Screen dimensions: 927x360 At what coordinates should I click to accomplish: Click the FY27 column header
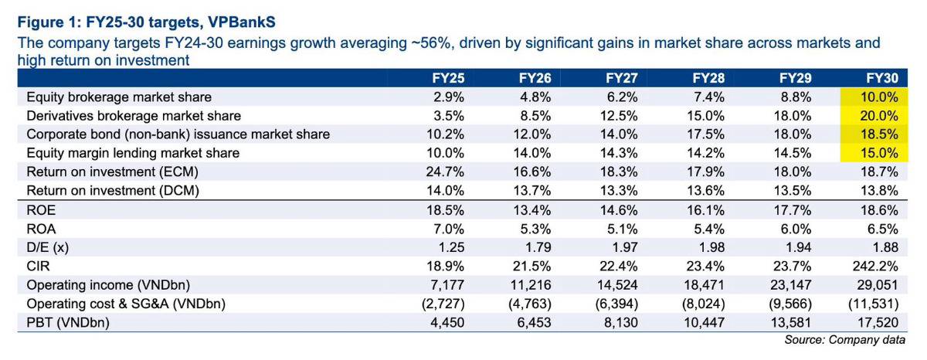622,78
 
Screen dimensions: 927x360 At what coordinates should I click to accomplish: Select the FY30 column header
882,78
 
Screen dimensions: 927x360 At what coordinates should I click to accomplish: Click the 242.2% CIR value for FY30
875,266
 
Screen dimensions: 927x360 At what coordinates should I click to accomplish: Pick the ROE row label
41,210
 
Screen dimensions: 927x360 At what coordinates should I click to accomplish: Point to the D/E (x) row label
48,247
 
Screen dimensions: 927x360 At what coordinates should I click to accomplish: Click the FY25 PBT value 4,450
447,322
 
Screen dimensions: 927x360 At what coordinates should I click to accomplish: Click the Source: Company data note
844,340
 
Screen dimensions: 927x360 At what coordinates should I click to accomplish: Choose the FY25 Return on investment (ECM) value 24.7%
445,172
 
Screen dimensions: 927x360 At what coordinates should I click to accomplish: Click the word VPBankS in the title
242,22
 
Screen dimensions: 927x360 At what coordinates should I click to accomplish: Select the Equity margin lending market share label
133,153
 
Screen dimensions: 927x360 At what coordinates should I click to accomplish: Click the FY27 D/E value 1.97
625,247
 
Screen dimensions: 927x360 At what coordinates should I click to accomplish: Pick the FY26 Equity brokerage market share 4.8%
535,97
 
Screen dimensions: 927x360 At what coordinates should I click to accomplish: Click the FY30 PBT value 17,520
878,322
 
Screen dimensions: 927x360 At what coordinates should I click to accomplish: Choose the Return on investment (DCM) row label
113,191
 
